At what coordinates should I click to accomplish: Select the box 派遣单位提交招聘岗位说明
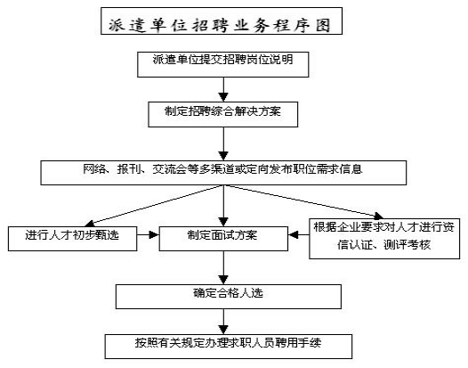click(x=223, y=64)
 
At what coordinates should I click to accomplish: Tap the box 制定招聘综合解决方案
click(x=223, y=114)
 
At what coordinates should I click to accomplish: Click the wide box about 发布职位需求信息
click(x=223, y=173)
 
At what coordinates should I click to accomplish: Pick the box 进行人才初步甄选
click(x=73, y=239)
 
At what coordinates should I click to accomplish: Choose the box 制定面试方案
click(x=223, y=239)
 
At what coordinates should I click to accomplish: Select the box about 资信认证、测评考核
click(x=384, y=239)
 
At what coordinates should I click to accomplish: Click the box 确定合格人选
click(x=229, y=297)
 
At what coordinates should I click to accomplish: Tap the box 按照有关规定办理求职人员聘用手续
click(x=229, y=347)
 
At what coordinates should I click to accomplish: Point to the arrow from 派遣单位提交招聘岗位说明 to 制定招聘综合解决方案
click(x=223, y=90)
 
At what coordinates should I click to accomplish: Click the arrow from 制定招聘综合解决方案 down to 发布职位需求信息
click(x=223, y=144)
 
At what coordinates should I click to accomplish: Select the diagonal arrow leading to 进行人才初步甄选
click(x=154, y=206)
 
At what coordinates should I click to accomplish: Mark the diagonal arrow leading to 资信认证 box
click(x=303, y=202)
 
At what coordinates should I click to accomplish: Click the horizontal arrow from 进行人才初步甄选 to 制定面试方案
click(x=148, y=234)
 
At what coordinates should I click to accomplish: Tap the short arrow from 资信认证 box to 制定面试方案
click(x=298, y=234)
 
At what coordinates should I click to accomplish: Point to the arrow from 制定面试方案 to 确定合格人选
click(x=223, y=267)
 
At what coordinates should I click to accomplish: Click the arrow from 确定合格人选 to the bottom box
click(x=223, y=322)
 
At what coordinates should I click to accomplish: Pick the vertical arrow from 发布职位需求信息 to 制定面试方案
click(x=223, y=206)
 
